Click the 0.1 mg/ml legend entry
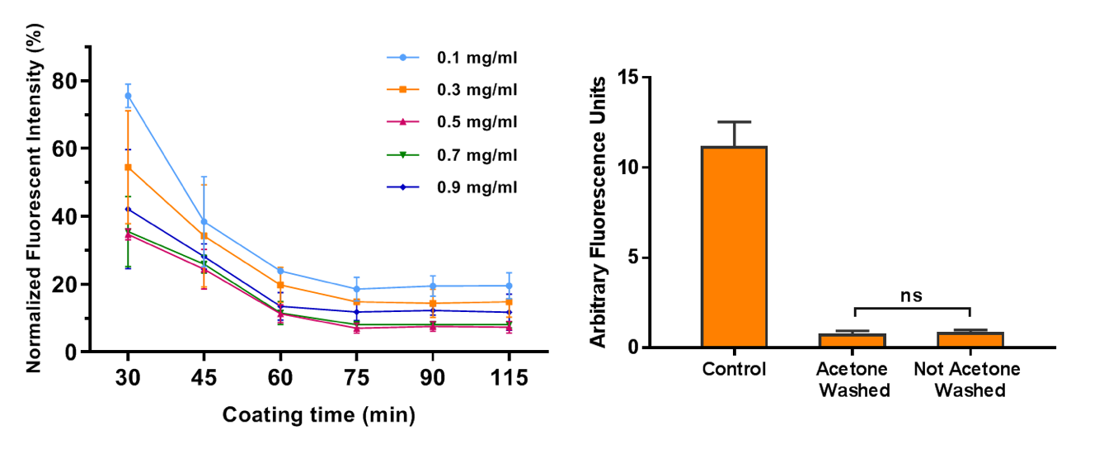point(453,58)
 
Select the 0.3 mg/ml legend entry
point(453,90)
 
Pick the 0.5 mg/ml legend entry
point(453,122)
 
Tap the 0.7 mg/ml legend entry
point(453,154)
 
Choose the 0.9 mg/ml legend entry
point(453,187)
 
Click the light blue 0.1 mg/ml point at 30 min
point(128,96)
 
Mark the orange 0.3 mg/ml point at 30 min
point(128,168)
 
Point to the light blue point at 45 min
point(204,221)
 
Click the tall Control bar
point(734,247)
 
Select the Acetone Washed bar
point(853,340)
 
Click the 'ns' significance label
point(911,295)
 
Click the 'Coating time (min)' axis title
point(319,414)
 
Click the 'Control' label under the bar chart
point(734,369)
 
